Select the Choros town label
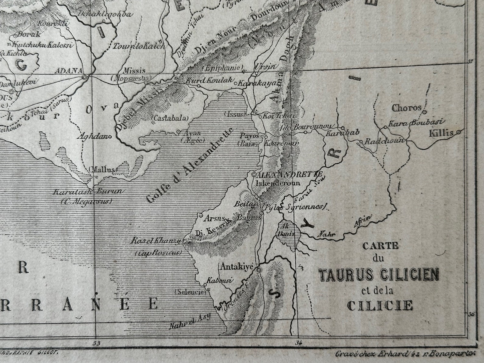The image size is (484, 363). click(406, 108)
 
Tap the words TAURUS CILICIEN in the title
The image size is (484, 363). click(379, 275)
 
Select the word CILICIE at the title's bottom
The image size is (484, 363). click(380, 305)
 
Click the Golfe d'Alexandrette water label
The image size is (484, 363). click(190, 165)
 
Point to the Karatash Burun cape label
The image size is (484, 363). click(88, 192)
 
